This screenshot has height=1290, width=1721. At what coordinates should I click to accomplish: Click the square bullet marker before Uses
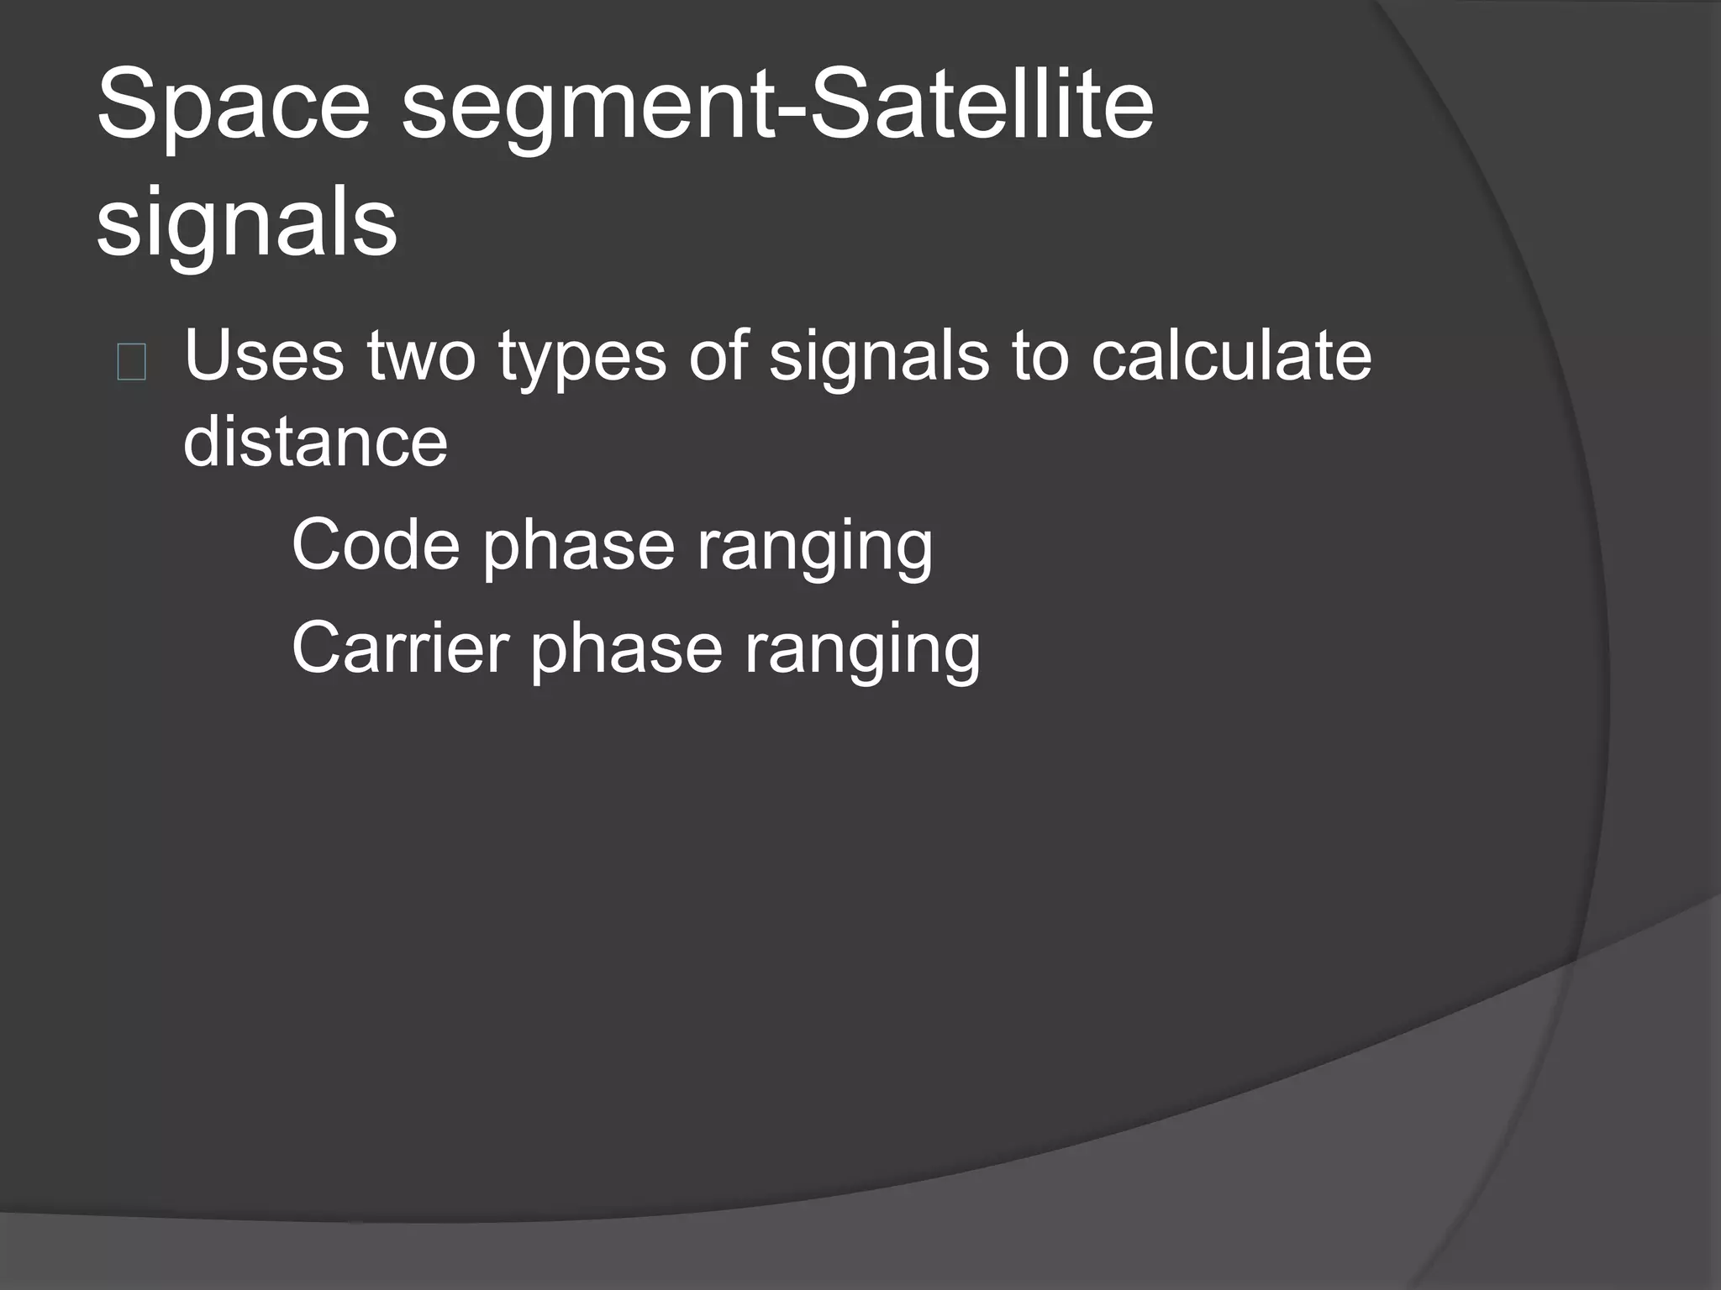(x=132, y=363)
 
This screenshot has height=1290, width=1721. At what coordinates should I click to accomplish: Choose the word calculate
(x=1231, y=356)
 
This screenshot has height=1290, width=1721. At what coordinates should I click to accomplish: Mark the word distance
(x=315, y=442)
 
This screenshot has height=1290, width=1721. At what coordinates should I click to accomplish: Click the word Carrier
(x=400, y=649)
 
